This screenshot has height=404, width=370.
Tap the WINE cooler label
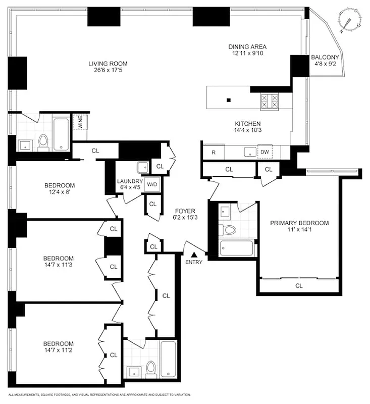[x=78, y=123]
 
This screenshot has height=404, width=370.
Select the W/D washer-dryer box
[x=151, y=185]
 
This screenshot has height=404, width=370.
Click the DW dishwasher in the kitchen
[x=265, y=151]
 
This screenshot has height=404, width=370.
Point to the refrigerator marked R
[x=214, y=151]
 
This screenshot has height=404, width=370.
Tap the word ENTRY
[x=193, y=262]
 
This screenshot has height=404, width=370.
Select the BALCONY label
[x=325, y=57]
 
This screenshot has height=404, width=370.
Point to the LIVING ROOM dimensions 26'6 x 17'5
[x=108, y=71]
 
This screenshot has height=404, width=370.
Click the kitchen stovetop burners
[x=269, y=102]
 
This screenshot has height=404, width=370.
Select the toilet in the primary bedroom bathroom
[x=230, y=230]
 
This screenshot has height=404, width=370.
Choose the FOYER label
[x=185, y=211]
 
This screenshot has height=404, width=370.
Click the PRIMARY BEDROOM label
[x=299, y=223]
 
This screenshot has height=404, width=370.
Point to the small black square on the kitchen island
[x=229, y=100]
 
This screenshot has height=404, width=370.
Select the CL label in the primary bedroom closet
[x=299, y=285]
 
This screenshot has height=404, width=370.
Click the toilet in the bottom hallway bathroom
[x=150, y=368]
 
